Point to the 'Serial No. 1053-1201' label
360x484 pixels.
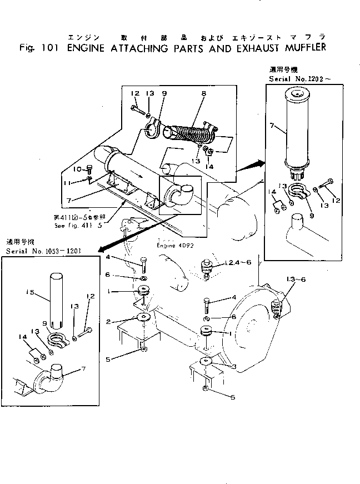point(44,251)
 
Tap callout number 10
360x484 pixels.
point(78,168)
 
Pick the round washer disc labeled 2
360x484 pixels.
point(144,317)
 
